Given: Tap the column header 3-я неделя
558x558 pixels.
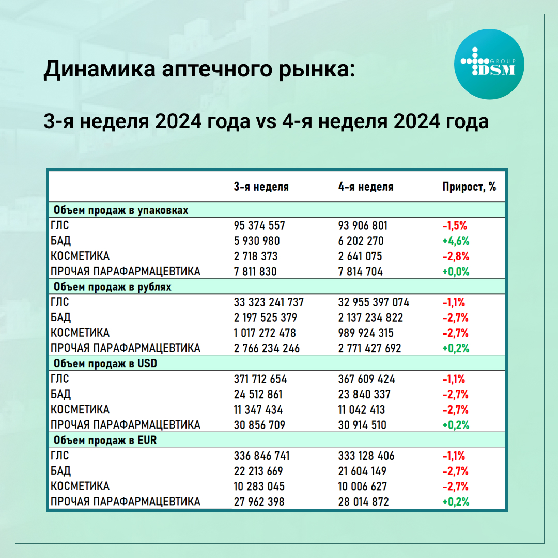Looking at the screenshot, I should pos(261,187).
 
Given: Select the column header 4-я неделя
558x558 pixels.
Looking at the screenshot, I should pos(366,187).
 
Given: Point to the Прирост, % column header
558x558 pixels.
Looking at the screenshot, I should pos(469,187).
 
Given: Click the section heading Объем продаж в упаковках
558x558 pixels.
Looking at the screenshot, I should pos(120,210).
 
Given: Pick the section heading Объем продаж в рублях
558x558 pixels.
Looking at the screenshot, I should pos(112,287).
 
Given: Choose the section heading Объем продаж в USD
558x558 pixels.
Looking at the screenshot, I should pos(105,363).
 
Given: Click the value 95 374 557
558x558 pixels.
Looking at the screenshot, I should pos(259,226).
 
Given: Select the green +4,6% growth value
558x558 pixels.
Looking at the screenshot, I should pos(455,241).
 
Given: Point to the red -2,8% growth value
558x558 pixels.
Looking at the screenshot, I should pos(455,256).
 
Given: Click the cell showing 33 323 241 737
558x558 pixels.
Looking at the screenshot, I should pos(269,302).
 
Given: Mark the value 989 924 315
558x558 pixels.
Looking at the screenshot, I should pos(366,333).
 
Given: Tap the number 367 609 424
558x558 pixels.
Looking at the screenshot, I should pos(366,379).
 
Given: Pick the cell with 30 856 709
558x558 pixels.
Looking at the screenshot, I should pos(259,425).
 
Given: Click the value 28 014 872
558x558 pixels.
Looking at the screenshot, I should pos(364,501).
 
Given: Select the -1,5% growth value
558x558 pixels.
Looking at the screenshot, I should pos(455,226).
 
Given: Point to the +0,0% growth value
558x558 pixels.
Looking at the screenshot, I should pos(455,272).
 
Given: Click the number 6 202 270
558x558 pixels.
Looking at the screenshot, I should pos(361,241).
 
